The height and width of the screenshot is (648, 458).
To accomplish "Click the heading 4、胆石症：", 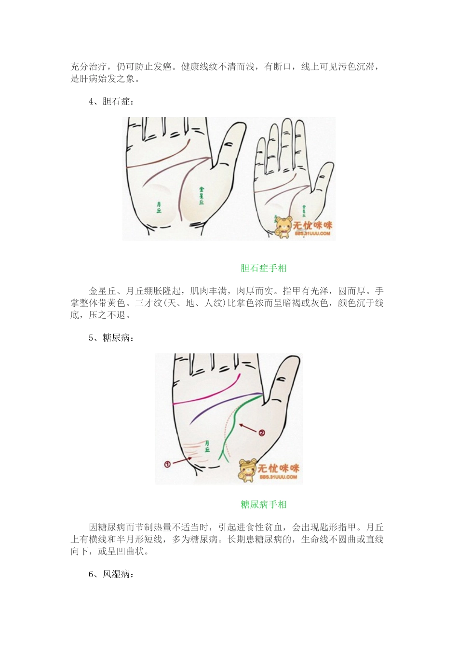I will pyautogui.click(x=111, y=101).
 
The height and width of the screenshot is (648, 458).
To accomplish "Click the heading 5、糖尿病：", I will pyautogui.click(x=111, y=337).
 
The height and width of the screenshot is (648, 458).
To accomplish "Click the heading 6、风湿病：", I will pyautogui.click(x=111, y=574).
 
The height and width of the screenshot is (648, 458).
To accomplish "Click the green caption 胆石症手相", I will pyautogui.click(x=264, y=268).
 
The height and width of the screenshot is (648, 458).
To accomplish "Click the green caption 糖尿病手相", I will pyautogui.click(x=264, y=504).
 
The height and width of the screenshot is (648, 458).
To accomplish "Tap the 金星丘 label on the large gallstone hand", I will pyautogui.click(x=201, y=195).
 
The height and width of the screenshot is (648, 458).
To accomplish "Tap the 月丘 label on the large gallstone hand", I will pyautogui.click(x=159, y=208).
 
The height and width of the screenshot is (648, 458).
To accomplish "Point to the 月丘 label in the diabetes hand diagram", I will pyautogui.click(x=207, y=445).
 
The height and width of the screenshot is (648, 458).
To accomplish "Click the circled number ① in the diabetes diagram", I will pyautogui.click(x=167, y=464).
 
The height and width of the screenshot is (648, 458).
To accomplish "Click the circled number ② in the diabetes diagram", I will pyautogui.click(x=262, y=432).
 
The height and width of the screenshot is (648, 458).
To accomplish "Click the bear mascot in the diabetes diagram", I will pyautogui.click(x=248, y=470).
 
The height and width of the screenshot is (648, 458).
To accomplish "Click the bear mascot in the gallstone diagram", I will pyautogui.click(x=284, y=227).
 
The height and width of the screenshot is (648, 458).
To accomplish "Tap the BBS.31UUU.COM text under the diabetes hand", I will pyautogui.click(x=278, y=477).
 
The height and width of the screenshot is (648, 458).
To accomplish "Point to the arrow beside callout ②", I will pyautogui.click(x=249, y=427).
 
